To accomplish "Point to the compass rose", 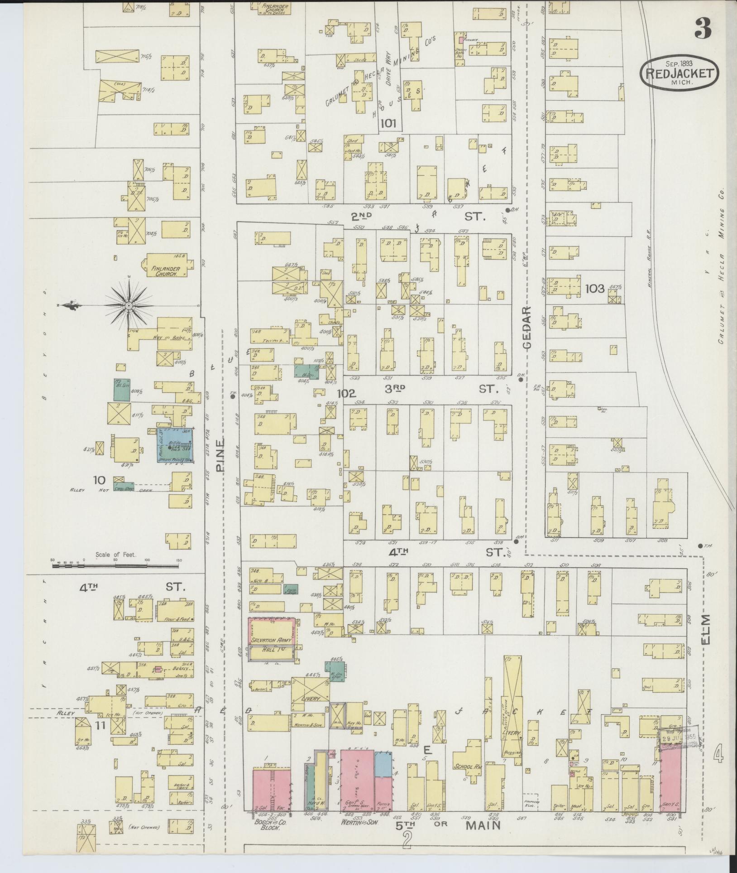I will [129, 306].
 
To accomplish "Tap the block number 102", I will [347, 393].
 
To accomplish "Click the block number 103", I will [595, 288].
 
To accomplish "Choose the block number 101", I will [388, 123].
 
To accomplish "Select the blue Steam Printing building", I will [175, 445].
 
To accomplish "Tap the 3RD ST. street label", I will [437, 388].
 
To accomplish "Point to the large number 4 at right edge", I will [718, 755].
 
